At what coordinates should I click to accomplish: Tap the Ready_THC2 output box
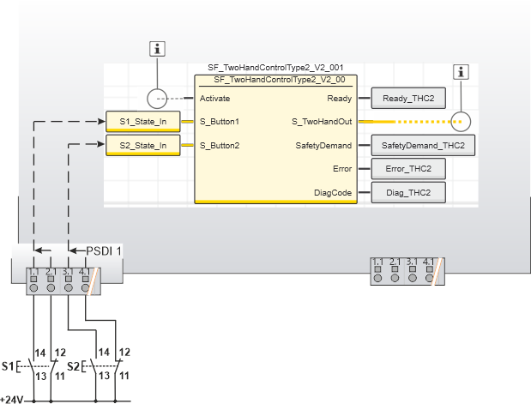click(408, 99)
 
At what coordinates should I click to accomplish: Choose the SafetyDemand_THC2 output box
click(423, 146)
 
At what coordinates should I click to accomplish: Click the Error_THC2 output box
click(408, 169)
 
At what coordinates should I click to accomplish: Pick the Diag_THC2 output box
click(408, 192)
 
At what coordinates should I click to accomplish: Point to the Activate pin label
click(214, 99)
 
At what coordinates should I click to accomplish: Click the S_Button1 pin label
click(220, 122)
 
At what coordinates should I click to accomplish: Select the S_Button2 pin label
click(220, 145)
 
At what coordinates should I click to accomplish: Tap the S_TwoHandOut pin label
click(323, 122)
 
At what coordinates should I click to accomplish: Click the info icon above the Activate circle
click(157, 49)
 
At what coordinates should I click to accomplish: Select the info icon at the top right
click(462, 72)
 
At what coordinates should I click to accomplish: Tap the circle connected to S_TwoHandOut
click(462, 122)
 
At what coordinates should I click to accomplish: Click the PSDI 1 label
click(104, 250)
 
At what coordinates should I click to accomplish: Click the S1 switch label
click(8, 367)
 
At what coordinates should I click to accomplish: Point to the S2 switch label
click(74, 367)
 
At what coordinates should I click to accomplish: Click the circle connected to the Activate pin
click(157, 99)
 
